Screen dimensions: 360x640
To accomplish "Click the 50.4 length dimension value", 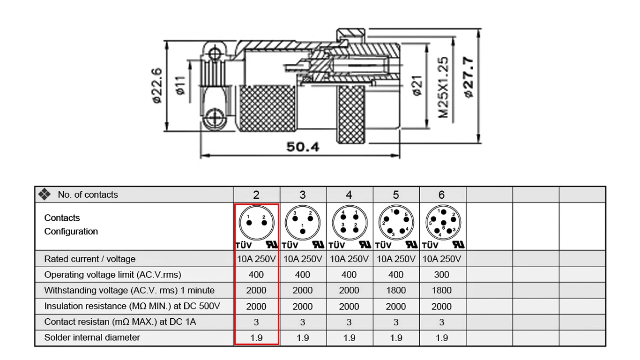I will tap(303, 147).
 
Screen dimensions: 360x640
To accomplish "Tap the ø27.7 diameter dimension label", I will tap(468, 77).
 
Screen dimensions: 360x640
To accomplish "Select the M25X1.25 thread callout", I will tap(443, 87).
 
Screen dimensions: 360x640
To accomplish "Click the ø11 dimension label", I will tap(181, 85).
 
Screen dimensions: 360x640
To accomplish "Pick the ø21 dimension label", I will tap(417, 85).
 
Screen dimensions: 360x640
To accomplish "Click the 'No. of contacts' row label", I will tap(88, 195).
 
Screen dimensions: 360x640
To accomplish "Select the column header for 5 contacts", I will tap(396, 195).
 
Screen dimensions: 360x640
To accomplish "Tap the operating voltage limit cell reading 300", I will tap(442, 275).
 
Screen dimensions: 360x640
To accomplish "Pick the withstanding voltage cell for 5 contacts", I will tap(396, 291).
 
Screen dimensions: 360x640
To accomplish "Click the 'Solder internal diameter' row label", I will tap(92, 337).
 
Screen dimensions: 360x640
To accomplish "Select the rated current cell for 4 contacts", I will tap(349, 259).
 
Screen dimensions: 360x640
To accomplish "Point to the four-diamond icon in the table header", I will tap(45, 194).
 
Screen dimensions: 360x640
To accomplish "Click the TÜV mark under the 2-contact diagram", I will tap(244, 245).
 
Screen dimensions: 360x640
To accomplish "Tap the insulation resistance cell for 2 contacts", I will tap(256, 307).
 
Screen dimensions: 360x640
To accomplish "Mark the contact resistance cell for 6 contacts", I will tap(442, 322).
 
